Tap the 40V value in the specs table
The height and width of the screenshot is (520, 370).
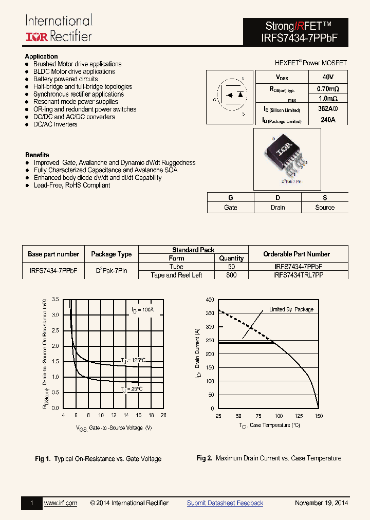327,77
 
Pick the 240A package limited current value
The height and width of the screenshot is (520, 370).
327,120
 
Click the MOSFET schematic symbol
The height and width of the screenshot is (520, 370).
230,95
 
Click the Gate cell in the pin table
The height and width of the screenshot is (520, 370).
231,208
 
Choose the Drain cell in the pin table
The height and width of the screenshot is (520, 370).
277,208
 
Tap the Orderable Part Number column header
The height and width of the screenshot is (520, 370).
297,254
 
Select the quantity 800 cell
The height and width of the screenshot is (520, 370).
231,275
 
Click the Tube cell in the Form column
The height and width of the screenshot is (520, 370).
176,267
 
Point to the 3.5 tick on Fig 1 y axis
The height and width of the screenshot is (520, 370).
55,299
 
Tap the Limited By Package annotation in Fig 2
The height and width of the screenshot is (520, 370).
291,309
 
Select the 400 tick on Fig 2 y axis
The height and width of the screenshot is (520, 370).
210,299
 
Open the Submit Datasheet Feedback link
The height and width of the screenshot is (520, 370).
225,503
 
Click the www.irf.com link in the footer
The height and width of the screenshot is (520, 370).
61,503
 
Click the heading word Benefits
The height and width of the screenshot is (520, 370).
37,155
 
